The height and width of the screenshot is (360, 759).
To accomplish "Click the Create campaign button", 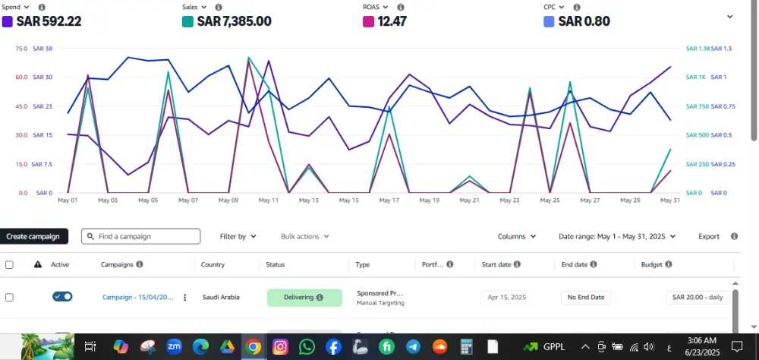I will [33, 236].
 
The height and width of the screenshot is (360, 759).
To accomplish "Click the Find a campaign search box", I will [141, 236].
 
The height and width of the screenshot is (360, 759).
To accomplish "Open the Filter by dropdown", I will [238, 236].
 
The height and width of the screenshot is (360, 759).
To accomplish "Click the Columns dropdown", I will [517, 236].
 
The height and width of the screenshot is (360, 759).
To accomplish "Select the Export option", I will [709, 236].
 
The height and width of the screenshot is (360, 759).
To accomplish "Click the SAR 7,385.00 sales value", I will [234, 21].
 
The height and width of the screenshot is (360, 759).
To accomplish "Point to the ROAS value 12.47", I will [392, 21].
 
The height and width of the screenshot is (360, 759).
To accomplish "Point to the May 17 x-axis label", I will [389, 201].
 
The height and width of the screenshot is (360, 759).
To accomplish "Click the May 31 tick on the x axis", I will [670, 201].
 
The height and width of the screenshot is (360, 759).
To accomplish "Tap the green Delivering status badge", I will [304, 297].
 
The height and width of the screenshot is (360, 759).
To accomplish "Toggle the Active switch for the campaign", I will [62, 296].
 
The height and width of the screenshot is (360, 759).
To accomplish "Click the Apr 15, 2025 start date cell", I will [507, 297].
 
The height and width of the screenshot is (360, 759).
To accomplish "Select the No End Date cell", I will [586, 297].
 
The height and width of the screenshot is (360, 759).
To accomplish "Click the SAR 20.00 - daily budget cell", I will [698, 297].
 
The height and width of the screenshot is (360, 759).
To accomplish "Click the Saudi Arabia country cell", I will [221, 297].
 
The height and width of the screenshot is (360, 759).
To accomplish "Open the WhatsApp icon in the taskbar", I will [307, 346].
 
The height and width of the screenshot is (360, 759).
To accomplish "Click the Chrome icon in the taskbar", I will [254, 346].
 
